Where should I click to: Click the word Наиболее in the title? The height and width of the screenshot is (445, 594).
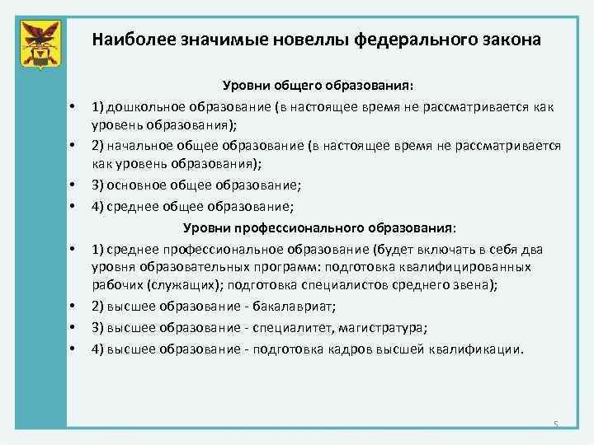point(129,39)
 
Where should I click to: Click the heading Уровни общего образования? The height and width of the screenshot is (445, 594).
point(319,86)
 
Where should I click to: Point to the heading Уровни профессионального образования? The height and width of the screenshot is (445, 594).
point(318,227)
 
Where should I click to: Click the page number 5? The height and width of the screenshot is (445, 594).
point(556,424)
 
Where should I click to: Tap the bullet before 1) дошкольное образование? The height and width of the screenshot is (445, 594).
point(73,106)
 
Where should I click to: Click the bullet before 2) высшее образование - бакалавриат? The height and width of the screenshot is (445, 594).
point(73,306)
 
